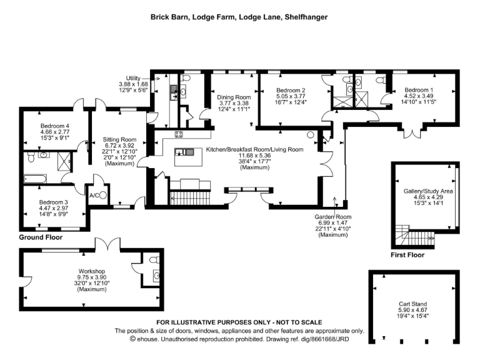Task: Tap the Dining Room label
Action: pyautogui.click(x=234, y=97)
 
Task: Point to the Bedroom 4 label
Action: pyautogui.click(x=53, y=126)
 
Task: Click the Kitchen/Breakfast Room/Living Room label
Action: pyautogui.click(x=254, y=150)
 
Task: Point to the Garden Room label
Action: pyautogui.click(x=333, y=217)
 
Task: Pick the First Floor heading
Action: pyautogui.click(x=407, y=255)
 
